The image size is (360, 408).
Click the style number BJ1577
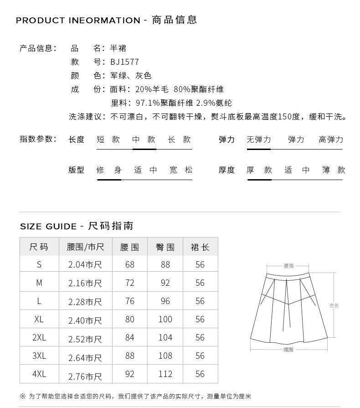[x=124, y=62]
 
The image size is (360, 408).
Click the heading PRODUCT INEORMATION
[x=78, y=21]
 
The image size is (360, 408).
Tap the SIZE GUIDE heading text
[x=48, y=227]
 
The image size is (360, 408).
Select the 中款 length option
[x=144, y=140]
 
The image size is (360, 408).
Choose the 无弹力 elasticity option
[x=258, y=140]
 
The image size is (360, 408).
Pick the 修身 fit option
[x=109, y=170]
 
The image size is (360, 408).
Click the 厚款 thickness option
[x=259, y=170]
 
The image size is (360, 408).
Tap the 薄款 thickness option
[x=333, y=170]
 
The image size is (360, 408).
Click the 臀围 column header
[x=165, y=247]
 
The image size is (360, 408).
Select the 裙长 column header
[x=200, y=247]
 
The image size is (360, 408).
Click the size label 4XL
[x=39, y=374]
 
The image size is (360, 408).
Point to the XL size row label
[x=39, y=319]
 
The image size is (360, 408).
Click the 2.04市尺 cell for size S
[x=85, y=265]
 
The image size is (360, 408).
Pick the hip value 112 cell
[x=165, y=374]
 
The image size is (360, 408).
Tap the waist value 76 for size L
[x=130, y=301]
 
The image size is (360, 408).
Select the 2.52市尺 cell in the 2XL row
[x=85, y=338]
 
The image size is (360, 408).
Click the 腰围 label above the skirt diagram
[x=288, y=265]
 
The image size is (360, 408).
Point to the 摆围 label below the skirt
[x=288, y=350]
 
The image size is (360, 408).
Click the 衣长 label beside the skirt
[x=334, y=305]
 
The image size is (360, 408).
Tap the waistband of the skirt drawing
[x=288, y=276]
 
